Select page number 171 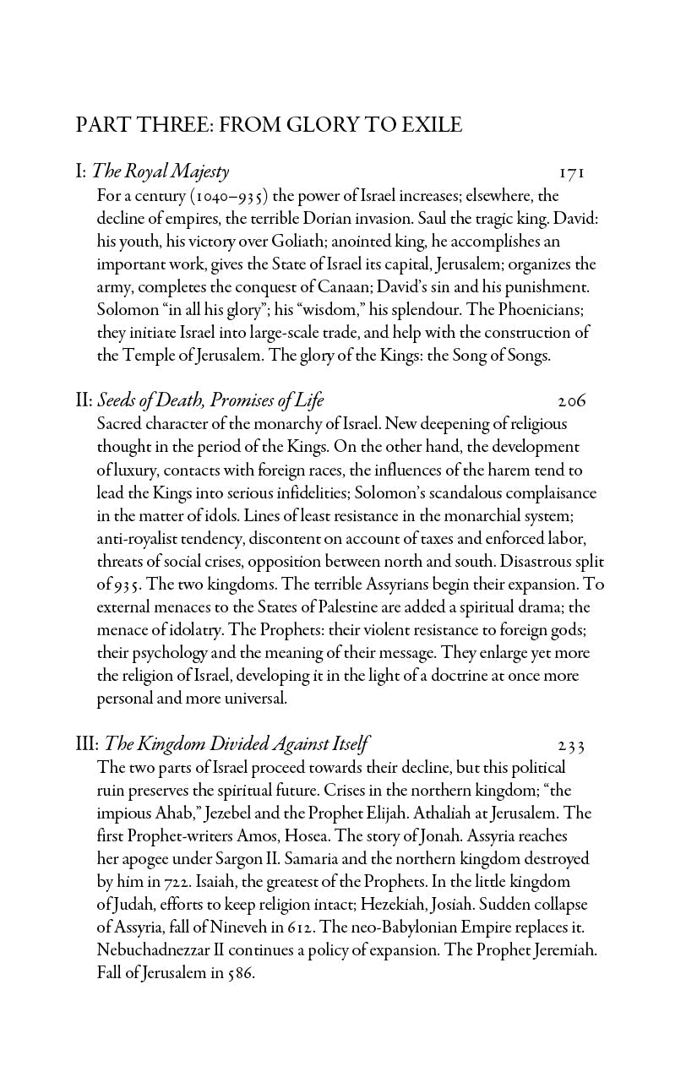pos(572,173)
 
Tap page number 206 pos(572,401)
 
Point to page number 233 pos(572,745)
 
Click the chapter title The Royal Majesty pos(160,172)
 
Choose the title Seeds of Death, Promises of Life pos(210,400)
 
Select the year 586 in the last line pos(241,973)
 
